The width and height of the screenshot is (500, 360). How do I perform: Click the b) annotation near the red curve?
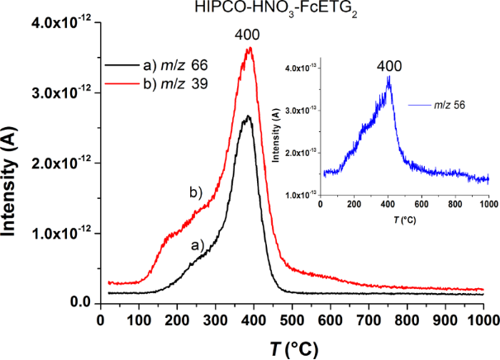[196, 192]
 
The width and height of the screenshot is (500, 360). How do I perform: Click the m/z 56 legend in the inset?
[445, 105]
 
